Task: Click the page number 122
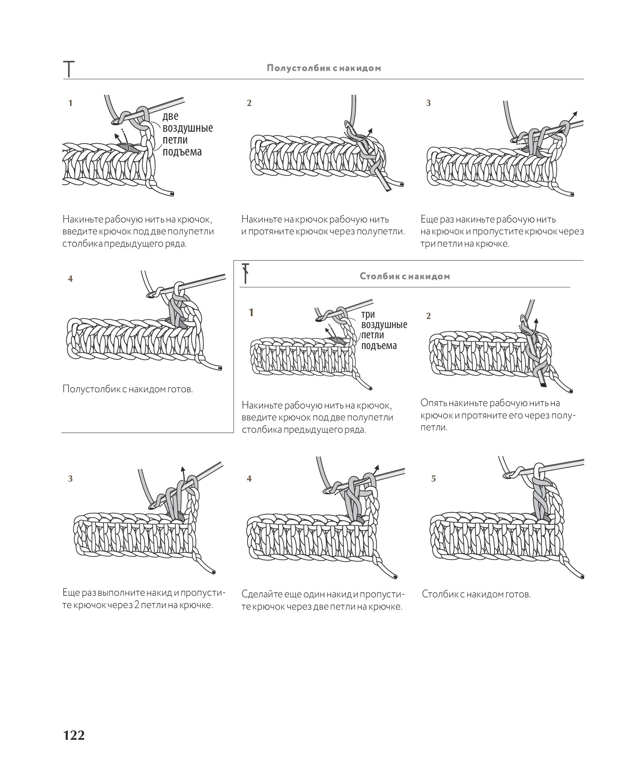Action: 74,735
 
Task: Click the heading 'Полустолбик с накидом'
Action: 324,68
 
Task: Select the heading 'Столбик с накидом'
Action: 405,276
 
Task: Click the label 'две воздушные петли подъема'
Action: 187,134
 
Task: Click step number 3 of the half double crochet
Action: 428,103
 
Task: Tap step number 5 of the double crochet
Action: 433,479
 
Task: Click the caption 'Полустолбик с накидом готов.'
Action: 128,389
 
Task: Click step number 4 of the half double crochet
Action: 70,279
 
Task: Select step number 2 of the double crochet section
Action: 428,316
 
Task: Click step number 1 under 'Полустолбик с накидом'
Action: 70,103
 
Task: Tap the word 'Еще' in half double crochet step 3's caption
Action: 428,219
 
